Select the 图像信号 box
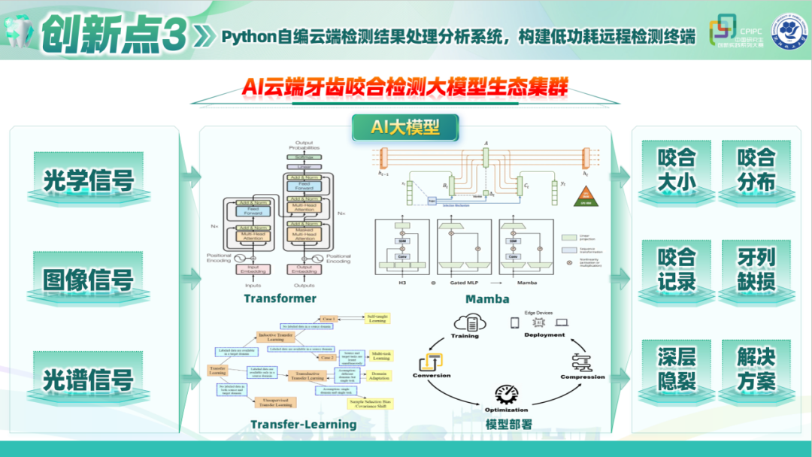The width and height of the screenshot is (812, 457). click(x=89, y=280)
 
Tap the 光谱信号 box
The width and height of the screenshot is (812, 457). click(x=89, y=379)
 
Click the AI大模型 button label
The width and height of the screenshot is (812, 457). click(x=405, y=127)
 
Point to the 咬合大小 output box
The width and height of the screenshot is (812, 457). click(x=676, y=170)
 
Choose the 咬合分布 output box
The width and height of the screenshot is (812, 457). click(x=756, y=170)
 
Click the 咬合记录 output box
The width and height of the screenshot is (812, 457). click(x=676, y=269)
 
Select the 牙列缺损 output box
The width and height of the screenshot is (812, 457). click(x=756, y=269)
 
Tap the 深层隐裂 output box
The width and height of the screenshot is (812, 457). click(x=676, y=368)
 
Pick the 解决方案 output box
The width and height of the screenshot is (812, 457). click(x=756, y=368)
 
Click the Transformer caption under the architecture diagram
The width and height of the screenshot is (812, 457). click(x=280, y=298)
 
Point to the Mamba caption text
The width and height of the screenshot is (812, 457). click(x=486, y=299)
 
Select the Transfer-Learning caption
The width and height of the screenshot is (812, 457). click(x=304, y=424)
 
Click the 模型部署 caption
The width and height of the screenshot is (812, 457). click(x=509, y=424)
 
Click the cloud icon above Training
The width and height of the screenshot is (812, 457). click(x=465, y=323)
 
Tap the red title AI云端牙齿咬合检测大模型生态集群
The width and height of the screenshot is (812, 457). click(x=405, y=88)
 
